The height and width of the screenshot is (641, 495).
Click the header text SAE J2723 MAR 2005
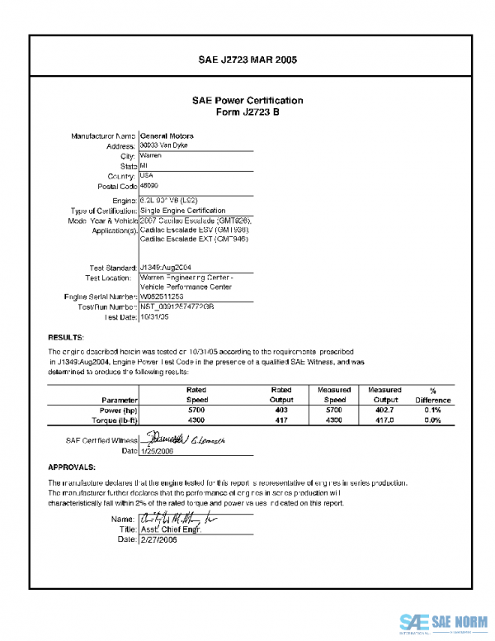tap(247, 60)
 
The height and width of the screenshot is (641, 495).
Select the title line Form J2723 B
tap(247, 112)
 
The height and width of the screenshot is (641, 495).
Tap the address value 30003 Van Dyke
tap(164, 145)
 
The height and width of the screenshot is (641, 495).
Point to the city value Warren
tap(150, 155)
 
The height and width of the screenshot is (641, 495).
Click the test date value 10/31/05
tap(155, 316)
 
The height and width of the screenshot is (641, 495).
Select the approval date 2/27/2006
tap(160, 539)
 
